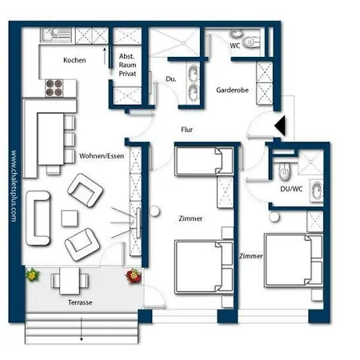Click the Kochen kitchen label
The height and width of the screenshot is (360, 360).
tap(74, 60)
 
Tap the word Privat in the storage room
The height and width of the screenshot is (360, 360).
tap(128, 74)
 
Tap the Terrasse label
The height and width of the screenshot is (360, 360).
tap(80, 304)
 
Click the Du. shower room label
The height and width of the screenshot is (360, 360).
tap(170, 79)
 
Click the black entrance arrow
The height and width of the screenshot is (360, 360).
tap(278, 126)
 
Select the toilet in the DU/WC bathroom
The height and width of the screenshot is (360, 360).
tap(282, 170)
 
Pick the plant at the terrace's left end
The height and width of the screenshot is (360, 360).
tap(32, 277)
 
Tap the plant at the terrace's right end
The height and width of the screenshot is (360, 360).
tap(132, 277)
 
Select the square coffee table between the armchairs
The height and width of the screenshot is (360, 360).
tap(70, 217)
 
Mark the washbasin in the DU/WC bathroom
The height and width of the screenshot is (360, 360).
tap(316, 190)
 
